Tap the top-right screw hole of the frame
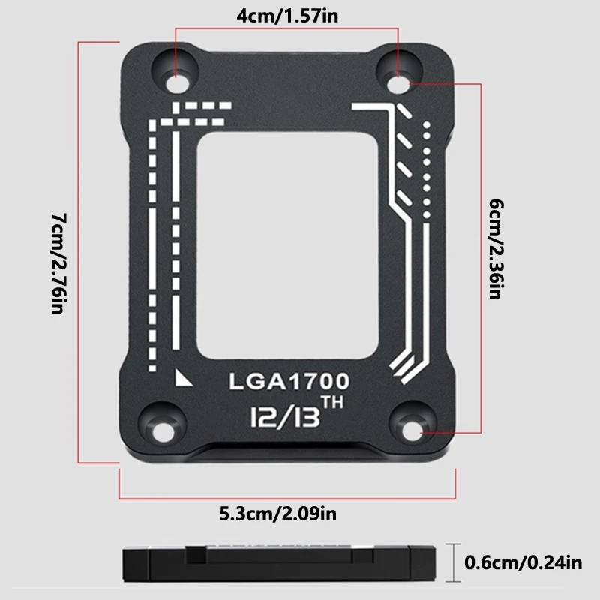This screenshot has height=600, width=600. [399, 74]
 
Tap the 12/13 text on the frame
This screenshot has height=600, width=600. [282, 415]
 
